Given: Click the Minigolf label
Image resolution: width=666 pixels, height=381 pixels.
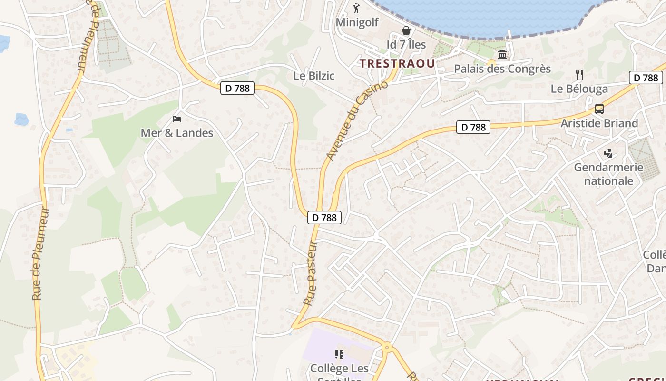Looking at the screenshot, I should point(357,22).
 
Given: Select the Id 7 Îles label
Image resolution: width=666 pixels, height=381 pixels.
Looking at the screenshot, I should point(406,45).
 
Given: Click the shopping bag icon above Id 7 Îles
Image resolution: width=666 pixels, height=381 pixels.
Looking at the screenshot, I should point(406,31).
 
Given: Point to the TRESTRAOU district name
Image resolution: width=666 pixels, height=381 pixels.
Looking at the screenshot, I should point(397,63).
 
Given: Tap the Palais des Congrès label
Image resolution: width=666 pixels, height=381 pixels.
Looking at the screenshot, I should point(502,69).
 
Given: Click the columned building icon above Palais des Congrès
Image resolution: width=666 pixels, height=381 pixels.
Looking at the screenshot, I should point(502,55).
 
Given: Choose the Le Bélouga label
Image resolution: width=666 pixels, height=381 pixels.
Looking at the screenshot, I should point(579,89).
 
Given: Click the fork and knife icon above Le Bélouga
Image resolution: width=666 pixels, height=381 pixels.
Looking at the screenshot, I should point(579,75).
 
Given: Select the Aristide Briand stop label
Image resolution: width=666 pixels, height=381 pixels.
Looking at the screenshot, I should point(599,123).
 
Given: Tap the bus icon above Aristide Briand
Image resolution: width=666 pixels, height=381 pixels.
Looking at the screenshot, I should point(599,109).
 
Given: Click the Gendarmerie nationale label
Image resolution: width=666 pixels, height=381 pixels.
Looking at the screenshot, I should point(609,174).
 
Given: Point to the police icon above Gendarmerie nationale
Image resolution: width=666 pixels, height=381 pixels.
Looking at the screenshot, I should point(608,153).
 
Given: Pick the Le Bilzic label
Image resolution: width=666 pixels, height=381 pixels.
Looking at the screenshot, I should point(314,76).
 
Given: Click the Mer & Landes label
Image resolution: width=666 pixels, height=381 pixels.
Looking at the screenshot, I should point(177,133).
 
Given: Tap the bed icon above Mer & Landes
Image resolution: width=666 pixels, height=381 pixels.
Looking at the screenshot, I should point(177,119).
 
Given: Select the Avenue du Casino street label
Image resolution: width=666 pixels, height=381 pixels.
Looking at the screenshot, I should point(357,120).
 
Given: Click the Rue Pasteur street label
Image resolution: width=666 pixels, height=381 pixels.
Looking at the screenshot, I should point(311,273).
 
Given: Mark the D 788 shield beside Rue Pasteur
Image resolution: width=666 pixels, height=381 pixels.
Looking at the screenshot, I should point(324,218).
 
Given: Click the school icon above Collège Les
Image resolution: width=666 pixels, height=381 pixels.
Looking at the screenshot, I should point(339,354).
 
